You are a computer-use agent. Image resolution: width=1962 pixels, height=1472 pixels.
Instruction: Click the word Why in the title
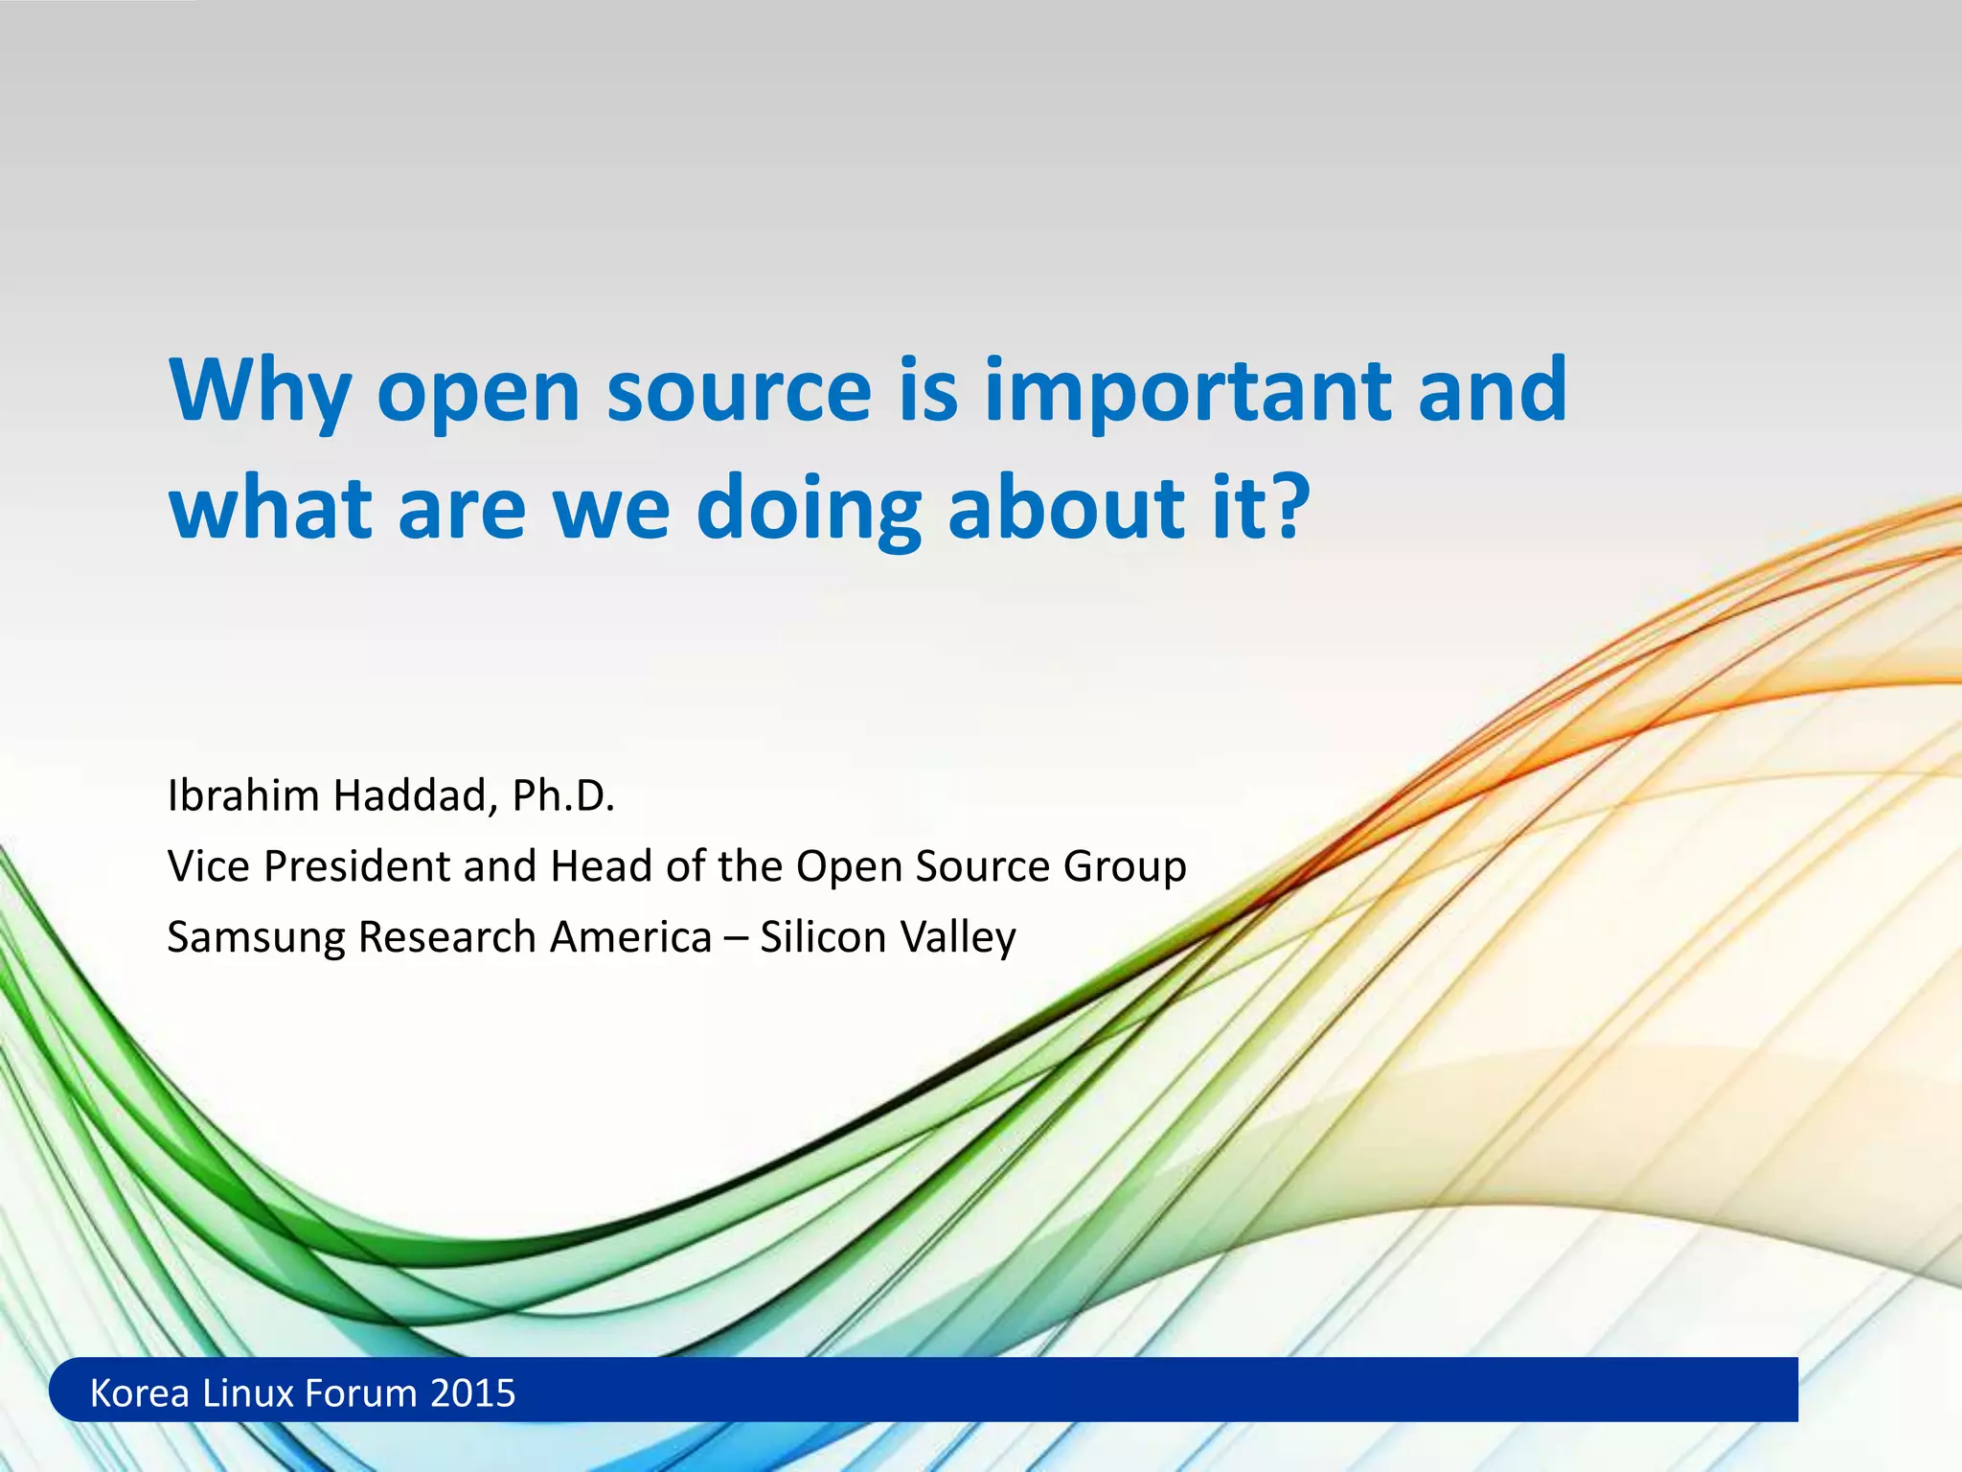tap(260, 393)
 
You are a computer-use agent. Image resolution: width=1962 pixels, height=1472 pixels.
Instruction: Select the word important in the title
tap(1188, 393)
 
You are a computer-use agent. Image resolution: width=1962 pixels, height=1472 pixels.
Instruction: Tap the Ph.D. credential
tap(562, 795)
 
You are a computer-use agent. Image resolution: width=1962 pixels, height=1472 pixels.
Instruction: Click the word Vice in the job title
tap(209, 866)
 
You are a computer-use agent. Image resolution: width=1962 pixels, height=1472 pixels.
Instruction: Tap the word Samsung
tap(256, 938)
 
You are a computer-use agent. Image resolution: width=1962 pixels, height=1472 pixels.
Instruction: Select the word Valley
tap(958, 938)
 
